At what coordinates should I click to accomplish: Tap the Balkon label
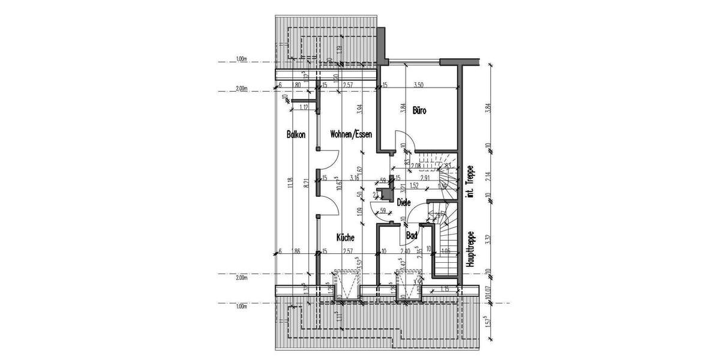click(x=296, y=135)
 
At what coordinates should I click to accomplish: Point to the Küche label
click(x=345, y=237)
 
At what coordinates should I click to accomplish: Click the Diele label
click(x=404, y=203)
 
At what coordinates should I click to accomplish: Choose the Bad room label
click(x=412, y=236)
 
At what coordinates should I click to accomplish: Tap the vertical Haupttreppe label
click(x=472, y=249)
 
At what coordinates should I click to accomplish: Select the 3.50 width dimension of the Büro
click(x=418, y=86)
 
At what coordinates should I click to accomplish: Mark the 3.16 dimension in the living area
click(x=354, y=178)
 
